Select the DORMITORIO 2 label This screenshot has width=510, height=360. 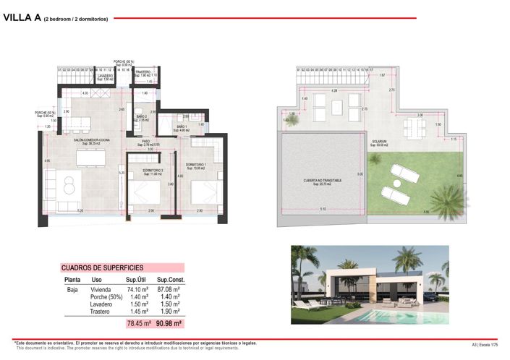(153, 171)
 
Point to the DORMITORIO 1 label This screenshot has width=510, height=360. (195, 166)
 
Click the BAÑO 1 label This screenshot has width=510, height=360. (183, 128)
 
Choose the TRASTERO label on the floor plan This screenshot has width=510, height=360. (143, 72)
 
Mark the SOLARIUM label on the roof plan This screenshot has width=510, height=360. (378, 142)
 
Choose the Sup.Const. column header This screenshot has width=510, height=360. (173, 279)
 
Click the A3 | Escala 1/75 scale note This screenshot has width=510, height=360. (485, 344)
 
